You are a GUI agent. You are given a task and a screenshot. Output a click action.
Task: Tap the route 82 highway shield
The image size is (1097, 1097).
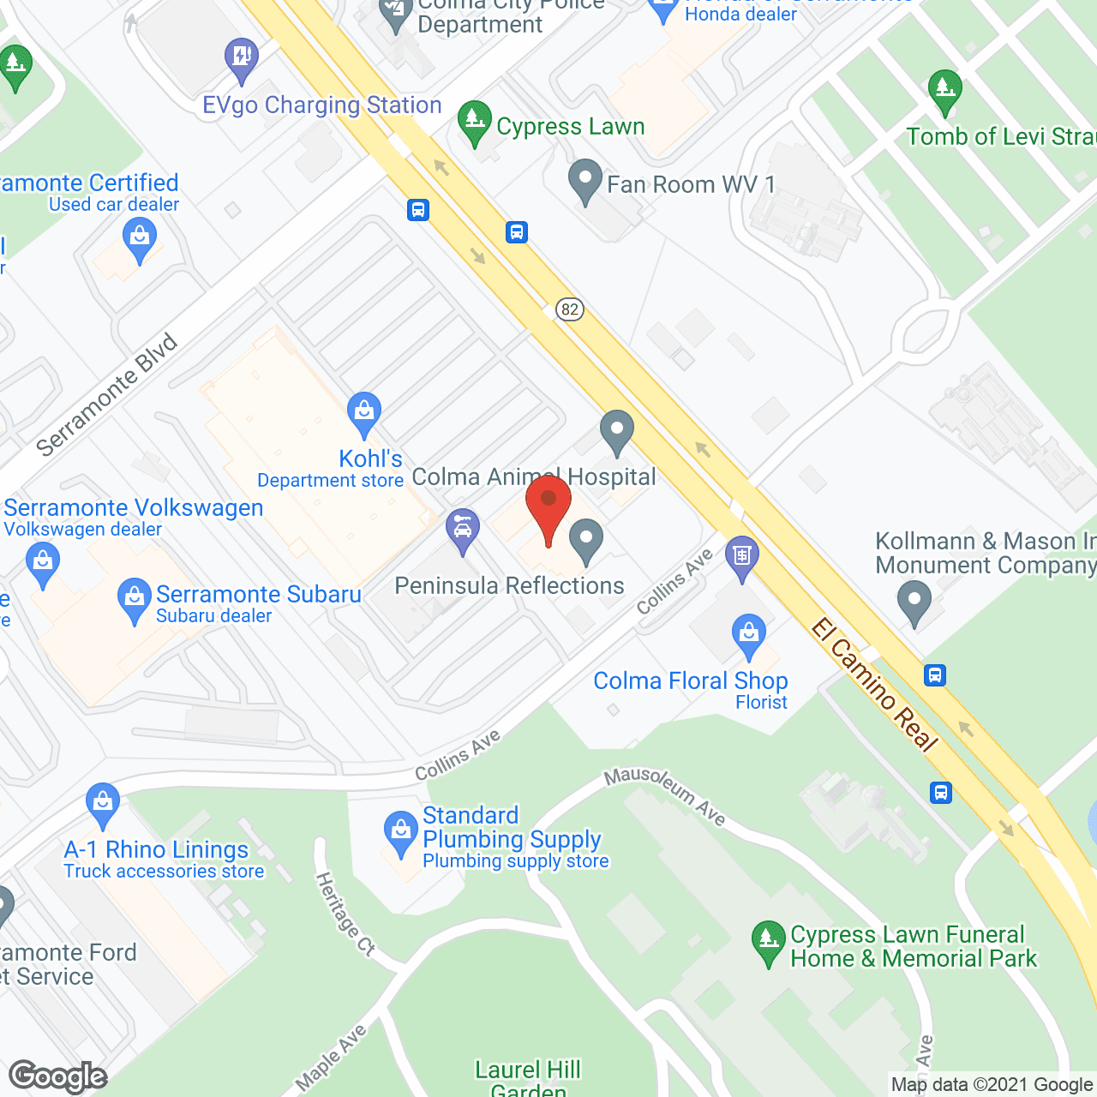(570, 309)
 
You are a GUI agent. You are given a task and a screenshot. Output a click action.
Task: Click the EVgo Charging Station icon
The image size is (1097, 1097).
(242, 59)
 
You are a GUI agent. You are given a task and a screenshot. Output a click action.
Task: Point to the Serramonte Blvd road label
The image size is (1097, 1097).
(107, 395)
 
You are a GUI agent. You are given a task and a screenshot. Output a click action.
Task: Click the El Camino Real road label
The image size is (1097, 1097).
(874, 685)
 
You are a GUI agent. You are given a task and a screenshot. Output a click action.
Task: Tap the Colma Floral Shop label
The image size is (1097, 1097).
(690, 681)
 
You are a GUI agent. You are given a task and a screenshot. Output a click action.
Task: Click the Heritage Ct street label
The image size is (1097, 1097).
(345, 914)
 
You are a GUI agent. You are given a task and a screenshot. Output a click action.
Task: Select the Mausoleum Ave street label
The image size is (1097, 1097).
(665, 796)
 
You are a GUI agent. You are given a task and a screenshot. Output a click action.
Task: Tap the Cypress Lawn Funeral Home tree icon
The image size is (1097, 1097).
(769, 942)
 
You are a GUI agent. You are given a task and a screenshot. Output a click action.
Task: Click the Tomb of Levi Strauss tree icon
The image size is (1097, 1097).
(944, 91)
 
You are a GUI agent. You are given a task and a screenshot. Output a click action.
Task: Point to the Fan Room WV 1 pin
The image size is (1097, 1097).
(585, 181)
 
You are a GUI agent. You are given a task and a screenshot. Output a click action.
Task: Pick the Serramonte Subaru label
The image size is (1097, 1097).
(258, 595)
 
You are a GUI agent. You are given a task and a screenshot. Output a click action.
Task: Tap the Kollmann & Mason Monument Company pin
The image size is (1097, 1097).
(914, 602)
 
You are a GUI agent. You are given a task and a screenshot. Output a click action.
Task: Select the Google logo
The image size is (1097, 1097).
(58, 1076)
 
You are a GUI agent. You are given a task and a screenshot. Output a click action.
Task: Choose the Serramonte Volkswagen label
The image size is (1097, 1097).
(134, 508)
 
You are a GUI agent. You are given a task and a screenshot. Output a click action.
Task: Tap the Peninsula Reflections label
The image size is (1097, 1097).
(509, 586)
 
